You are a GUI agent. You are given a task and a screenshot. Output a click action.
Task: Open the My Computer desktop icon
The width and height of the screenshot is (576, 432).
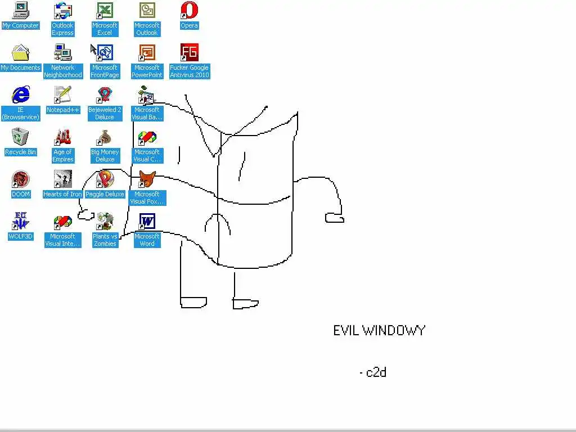pos(21,11)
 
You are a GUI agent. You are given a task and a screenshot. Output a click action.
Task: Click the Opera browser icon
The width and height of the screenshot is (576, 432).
pos(190,11)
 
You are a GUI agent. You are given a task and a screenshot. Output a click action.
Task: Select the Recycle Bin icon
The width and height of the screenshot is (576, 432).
pos(20,137)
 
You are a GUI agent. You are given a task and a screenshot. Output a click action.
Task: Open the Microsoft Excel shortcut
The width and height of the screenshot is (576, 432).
pos(105,11)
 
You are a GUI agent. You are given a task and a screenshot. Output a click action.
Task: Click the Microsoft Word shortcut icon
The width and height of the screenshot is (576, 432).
pos(147,221)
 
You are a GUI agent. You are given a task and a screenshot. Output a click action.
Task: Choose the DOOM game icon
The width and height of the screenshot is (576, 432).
pos(21,179)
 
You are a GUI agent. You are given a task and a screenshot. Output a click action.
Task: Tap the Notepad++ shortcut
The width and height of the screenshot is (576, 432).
pos(62,94)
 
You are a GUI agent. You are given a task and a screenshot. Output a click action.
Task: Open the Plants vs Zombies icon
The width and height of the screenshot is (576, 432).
pos(105,221)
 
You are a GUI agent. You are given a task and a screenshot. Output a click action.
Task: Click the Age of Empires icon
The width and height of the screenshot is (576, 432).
pos(62,137)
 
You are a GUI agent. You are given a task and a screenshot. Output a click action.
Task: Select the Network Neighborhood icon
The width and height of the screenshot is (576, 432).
pos(62,53)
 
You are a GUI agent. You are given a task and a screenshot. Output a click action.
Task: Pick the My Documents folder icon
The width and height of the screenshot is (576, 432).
pos(21,53)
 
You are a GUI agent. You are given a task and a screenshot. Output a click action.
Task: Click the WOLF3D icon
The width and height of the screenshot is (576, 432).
pos(21,221)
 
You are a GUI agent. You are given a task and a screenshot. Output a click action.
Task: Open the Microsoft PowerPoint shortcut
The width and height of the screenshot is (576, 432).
pos(147,53)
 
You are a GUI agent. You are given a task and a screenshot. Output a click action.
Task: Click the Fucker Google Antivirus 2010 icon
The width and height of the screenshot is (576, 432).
pos(190,53)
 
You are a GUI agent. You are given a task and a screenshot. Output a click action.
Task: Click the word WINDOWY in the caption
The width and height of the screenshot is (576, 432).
pos(393,330)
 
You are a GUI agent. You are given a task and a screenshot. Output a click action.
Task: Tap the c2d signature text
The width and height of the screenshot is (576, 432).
pos(376,372)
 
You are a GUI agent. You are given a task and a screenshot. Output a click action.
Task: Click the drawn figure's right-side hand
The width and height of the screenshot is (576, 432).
pos(334,218)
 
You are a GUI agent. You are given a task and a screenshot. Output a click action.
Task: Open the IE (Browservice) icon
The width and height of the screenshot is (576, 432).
pos(21,95)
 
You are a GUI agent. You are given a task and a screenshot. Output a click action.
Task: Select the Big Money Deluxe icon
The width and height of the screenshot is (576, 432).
pos(105,137)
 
